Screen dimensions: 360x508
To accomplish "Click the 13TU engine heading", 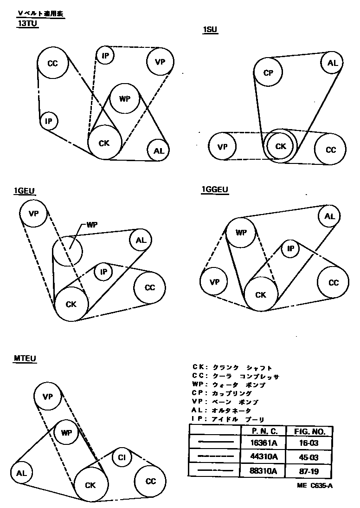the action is coord(27,25).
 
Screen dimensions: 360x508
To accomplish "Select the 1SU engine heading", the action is coord(210,31).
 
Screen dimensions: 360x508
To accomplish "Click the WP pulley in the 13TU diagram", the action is coord(123,98).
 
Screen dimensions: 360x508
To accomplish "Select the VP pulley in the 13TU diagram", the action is coord(160,62).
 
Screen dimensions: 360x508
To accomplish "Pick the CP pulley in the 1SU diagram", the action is coord(268,73).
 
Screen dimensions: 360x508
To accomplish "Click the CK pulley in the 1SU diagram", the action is coord(281,146).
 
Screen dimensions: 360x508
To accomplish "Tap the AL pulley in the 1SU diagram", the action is coord(333,63).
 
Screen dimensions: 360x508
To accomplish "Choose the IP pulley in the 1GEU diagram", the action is coord(103,272).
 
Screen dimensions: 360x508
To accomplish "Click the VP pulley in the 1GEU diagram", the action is coord(33,214).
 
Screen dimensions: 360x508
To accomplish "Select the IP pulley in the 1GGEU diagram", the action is coord(290,248).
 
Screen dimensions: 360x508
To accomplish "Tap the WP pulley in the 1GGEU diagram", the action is coord(241,233).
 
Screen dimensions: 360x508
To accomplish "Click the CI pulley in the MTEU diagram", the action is coord(122,457).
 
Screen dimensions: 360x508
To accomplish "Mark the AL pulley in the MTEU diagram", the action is coord(21,473).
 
